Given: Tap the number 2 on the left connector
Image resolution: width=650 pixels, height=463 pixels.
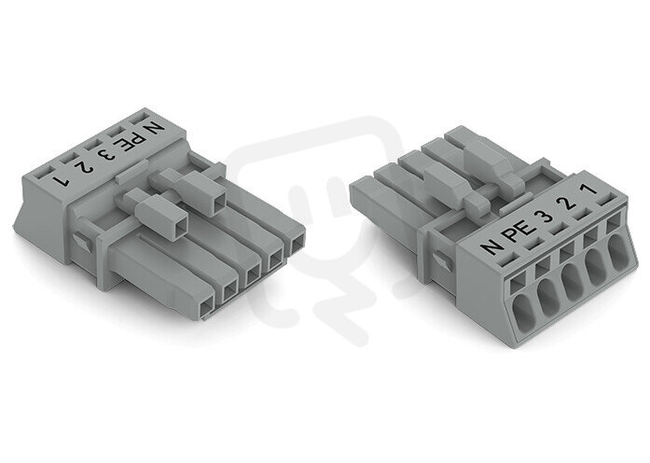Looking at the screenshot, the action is tap(84, 168).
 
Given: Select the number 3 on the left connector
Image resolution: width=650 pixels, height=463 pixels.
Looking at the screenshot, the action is tap(105, 155).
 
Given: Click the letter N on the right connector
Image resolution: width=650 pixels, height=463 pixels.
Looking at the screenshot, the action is tap(493, 246).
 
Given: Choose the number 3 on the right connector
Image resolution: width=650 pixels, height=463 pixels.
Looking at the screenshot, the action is tap(544, 217).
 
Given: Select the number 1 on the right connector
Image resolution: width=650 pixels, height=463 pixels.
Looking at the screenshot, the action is tap(589, 190).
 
